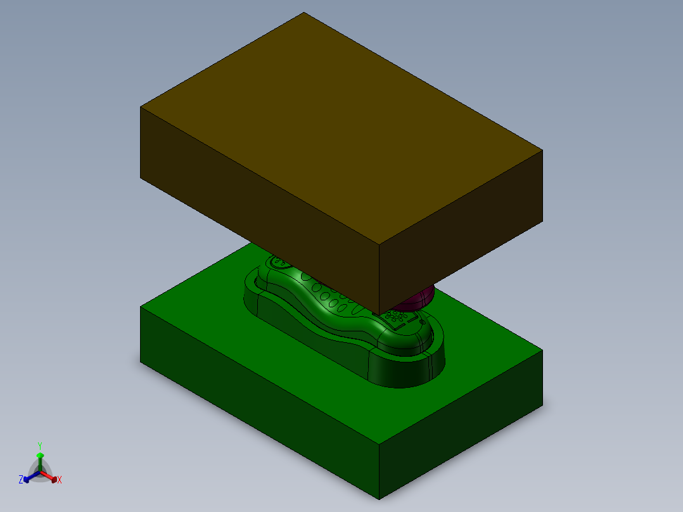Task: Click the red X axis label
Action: (x=60, y=480)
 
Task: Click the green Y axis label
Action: (x=40, y=445)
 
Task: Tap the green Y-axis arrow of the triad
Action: (x=40, y=456)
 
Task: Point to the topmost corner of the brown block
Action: (x=303, y=13)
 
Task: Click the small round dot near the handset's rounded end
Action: (x=423, y=322)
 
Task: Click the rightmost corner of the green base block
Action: (x=542, y=350)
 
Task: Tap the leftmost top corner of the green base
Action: (x=141, y=307)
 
